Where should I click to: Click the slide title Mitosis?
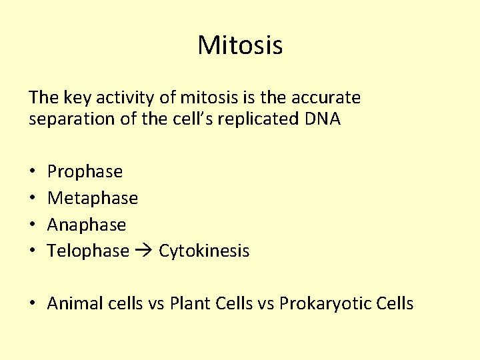click(x=240, y=46)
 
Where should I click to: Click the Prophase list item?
click(x=85, y=172)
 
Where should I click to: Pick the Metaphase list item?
click(x=93, y=198)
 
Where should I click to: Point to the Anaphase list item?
click(x=87, y=225)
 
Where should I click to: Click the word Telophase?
click(x=88, y=251)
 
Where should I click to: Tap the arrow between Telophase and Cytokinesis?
click(x=143, y=251)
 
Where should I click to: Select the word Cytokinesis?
click(x=203, y=251)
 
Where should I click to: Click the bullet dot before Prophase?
click(x=33, y=172)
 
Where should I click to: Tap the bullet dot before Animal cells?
click(x=33, y=305)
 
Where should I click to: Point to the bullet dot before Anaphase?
click(x=33, y=225)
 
